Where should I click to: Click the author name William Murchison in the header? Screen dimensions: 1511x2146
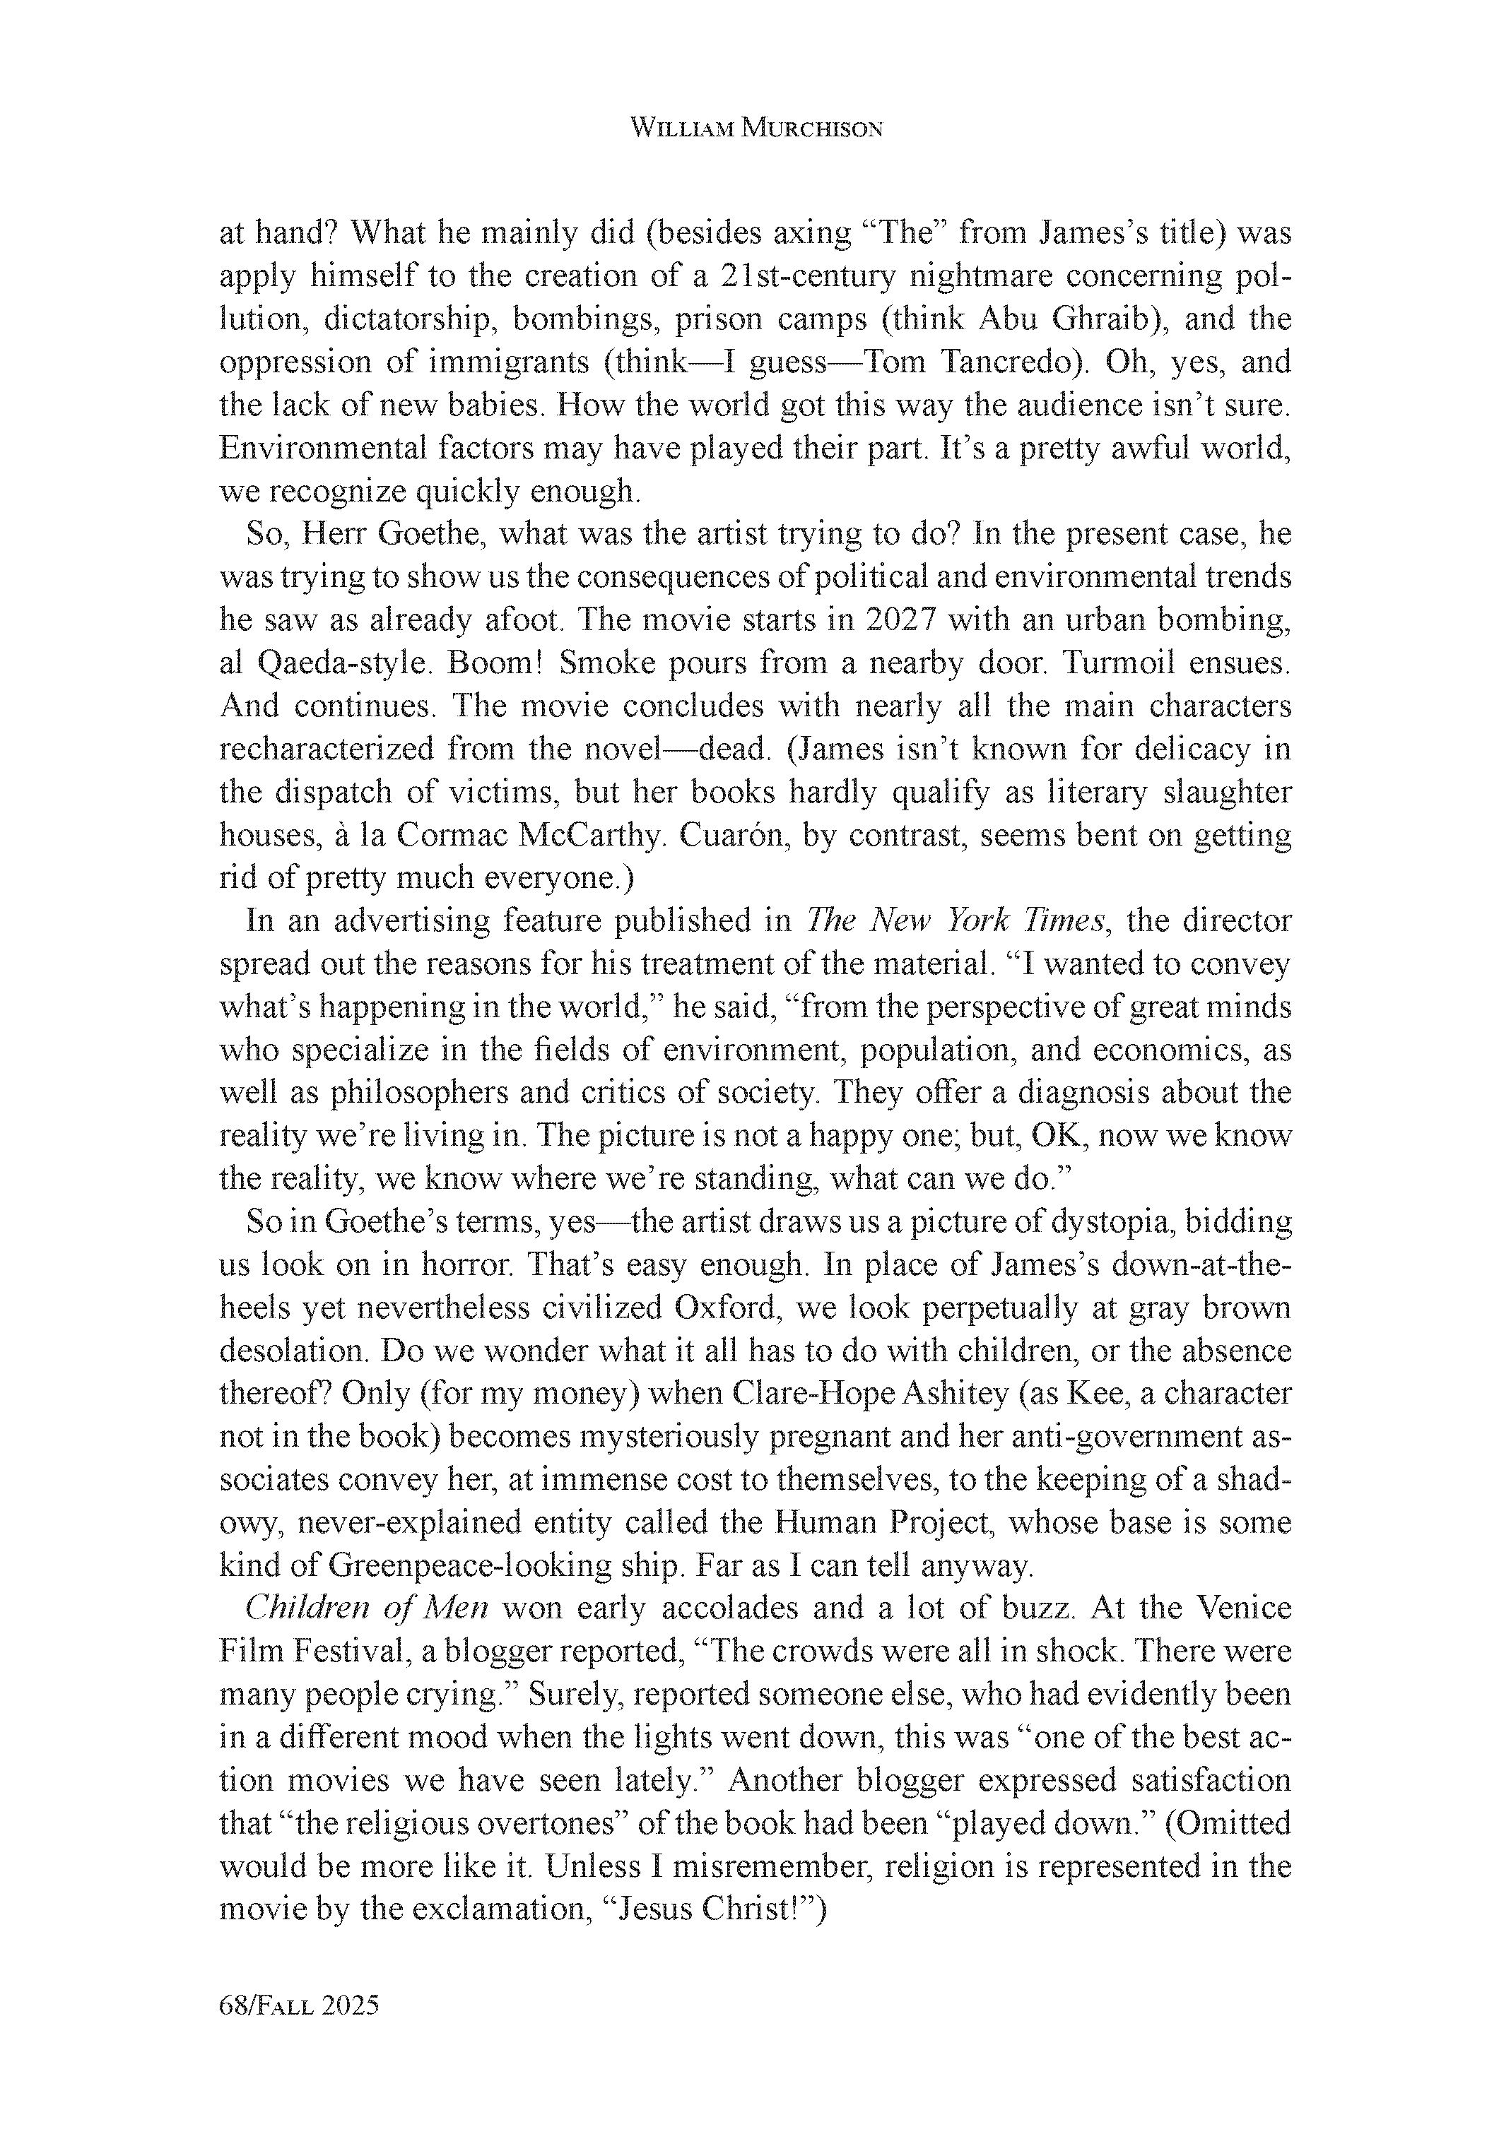tap(755, 129)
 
